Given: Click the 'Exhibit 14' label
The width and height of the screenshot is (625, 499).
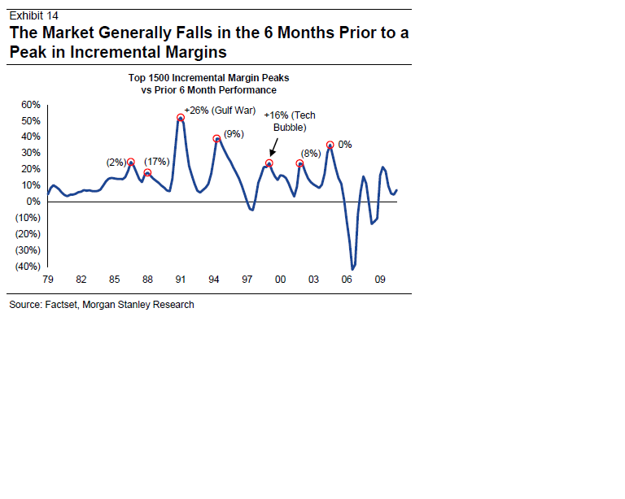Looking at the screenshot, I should (33, 15).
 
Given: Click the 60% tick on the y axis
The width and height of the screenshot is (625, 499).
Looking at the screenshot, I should (31, 105).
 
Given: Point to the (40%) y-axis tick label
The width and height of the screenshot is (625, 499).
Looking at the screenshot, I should (28, 267).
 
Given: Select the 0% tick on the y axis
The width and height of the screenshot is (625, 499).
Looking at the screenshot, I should (33, 202).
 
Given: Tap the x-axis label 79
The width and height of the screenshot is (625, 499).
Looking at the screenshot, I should (48, 280).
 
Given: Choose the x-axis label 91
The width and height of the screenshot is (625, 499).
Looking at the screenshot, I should (180, 280).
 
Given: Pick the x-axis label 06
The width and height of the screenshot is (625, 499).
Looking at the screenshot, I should (347, 280).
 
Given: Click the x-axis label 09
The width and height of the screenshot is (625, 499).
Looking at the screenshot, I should (380, 280).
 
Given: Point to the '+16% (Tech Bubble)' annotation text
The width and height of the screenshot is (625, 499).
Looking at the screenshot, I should (289, 122).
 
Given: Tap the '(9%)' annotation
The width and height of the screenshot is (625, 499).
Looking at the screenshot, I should (234, 133).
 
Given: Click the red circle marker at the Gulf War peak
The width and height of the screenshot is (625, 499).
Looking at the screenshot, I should (181, 118).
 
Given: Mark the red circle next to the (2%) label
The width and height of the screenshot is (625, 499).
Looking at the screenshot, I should (130, 163).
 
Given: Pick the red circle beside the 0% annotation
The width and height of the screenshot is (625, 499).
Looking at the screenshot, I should (330, 145).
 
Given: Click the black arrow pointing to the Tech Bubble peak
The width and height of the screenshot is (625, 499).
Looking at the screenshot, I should (273, 148).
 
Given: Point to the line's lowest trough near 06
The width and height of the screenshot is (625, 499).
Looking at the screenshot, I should (353, 268).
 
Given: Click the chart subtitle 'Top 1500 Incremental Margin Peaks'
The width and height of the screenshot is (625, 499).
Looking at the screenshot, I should (208, 77).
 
